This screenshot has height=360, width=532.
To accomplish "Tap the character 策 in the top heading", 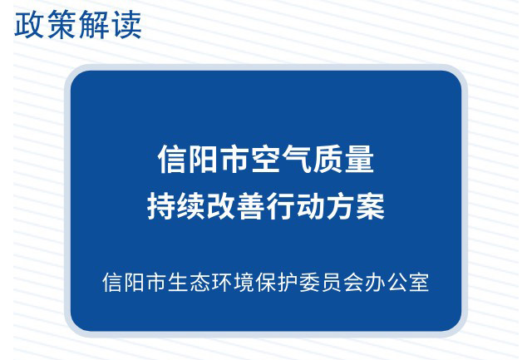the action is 61,24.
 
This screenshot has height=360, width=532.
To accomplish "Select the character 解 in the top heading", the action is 94,24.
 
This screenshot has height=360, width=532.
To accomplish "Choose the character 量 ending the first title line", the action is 359,159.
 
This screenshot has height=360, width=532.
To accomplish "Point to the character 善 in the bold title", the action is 251,205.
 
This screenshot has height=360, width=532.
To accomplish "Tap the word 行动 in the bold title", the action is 296,205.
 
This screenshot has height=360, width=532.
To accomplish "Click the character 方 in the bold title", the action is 340,205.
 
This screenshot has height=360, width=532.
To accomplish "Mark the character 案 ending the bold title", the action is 370,205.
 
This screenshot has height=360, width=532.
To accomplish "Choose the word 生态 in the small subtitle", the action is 188,282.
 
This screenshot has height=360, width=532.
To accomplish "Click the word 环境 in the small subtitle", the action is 232,282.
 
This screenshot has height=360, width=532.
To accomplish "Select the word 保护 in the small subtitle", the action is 276,282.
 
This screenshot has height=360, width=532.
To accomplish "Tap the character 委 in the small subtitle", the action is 309,282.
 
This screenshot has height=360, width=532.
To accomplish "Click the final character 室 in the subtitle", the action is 419,282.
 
